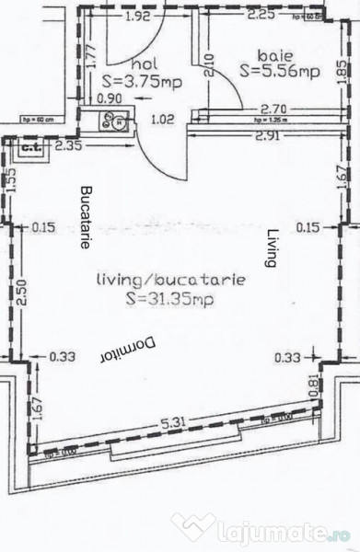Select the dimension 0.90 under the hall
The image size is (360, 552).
point(109,98)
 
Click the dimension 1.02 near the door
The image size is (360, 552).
point(162,118)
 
